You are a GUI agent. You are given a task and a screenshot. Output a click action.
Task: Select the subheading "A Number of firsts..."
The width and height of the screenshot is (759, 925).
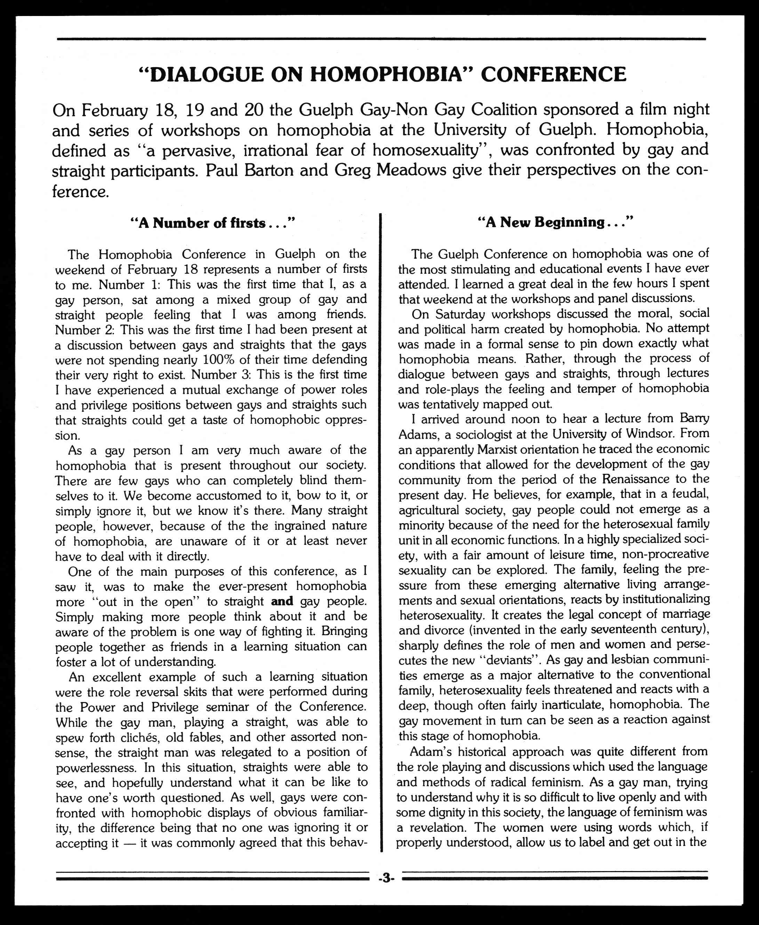(x=213, y=223)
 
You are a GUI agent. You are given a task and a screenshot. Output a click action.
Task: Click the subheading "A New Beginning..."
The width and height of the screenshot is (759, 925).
(x=555, y=223)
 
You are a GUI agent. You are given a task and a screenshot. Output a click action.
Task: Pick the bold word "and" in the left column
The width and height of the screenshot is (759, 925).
(x=282, y=601)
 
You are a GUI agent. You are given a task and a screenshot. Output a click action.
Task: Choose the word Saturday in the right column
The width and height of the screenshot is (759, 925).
(x=449, y=314)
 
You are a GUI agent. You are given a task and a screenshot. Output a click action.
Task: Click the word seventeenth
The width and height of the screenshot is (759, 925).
(x=616, y=630)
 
